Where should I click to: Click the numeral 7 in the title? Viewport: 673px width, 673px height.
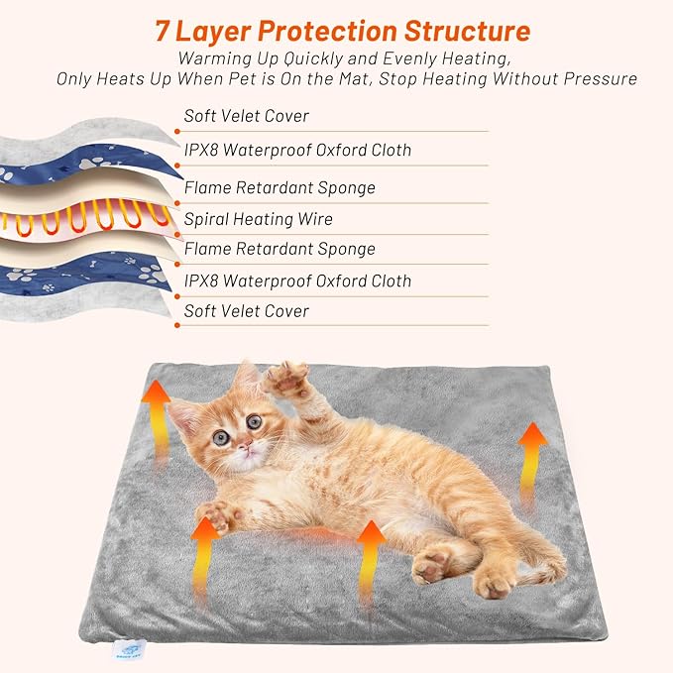coord(166,31)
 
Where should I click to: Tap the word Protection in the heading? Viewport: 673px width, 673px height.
coord(342,31)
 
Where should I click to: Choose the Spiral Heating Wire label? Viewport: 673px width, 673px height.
coord(258,219)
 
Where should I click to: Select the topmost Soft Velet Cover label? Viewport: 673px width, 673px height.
coord(246,116)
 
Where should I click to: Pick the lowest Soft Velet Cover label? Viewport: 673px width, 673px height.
coord(246,311)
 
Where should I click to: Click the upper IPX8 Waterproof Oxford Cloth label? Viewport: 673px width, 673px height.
coord(297,151)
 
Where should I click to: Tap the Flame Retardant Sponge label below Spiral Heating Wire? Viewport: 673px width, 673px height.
coord(280,249)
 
